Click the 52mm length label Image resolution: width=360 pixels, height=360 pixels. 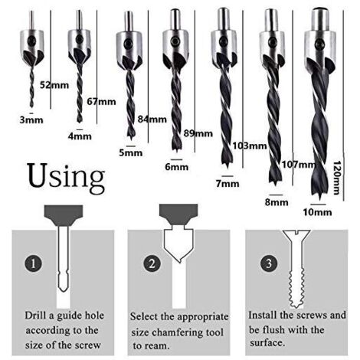(x=54, y=85)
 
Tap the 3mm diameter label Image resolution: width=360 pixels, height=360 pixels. (x=31, y=119)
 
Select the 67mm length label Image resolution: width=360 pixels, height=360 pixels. (x=101, y=102)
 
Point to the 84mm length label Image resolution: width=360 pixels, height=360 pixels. (x=152, y=119)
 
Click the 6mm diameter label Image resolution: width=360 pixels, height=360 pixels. (x=177, y=167)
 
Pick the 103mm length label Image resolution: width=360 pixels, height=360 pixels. (x=250, y=146)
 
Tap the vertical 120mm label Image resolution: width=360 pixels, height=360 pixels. (x=336, y=178)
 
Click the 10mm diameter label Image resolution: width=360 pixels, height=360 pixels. (x=317, y=212)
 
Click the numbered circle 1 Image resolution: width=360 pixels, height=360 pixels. (x=33, y=263)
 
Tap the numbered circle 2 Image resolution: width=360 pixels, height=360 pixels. (x=152, y=263)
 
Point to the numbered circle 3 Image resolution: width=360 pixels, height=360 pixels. (x=269, y=263)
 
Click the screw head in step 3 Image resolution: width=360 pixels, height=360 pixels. (x=296, y=235)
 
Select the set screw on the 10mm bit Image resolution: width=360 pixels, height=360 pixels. (x=319, y=44)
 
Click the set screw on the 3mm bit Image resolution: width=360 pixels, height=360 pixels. (x=32, y=41)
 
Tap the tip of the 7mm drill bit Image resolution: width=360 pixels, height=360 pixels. (x=227, y=167)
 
